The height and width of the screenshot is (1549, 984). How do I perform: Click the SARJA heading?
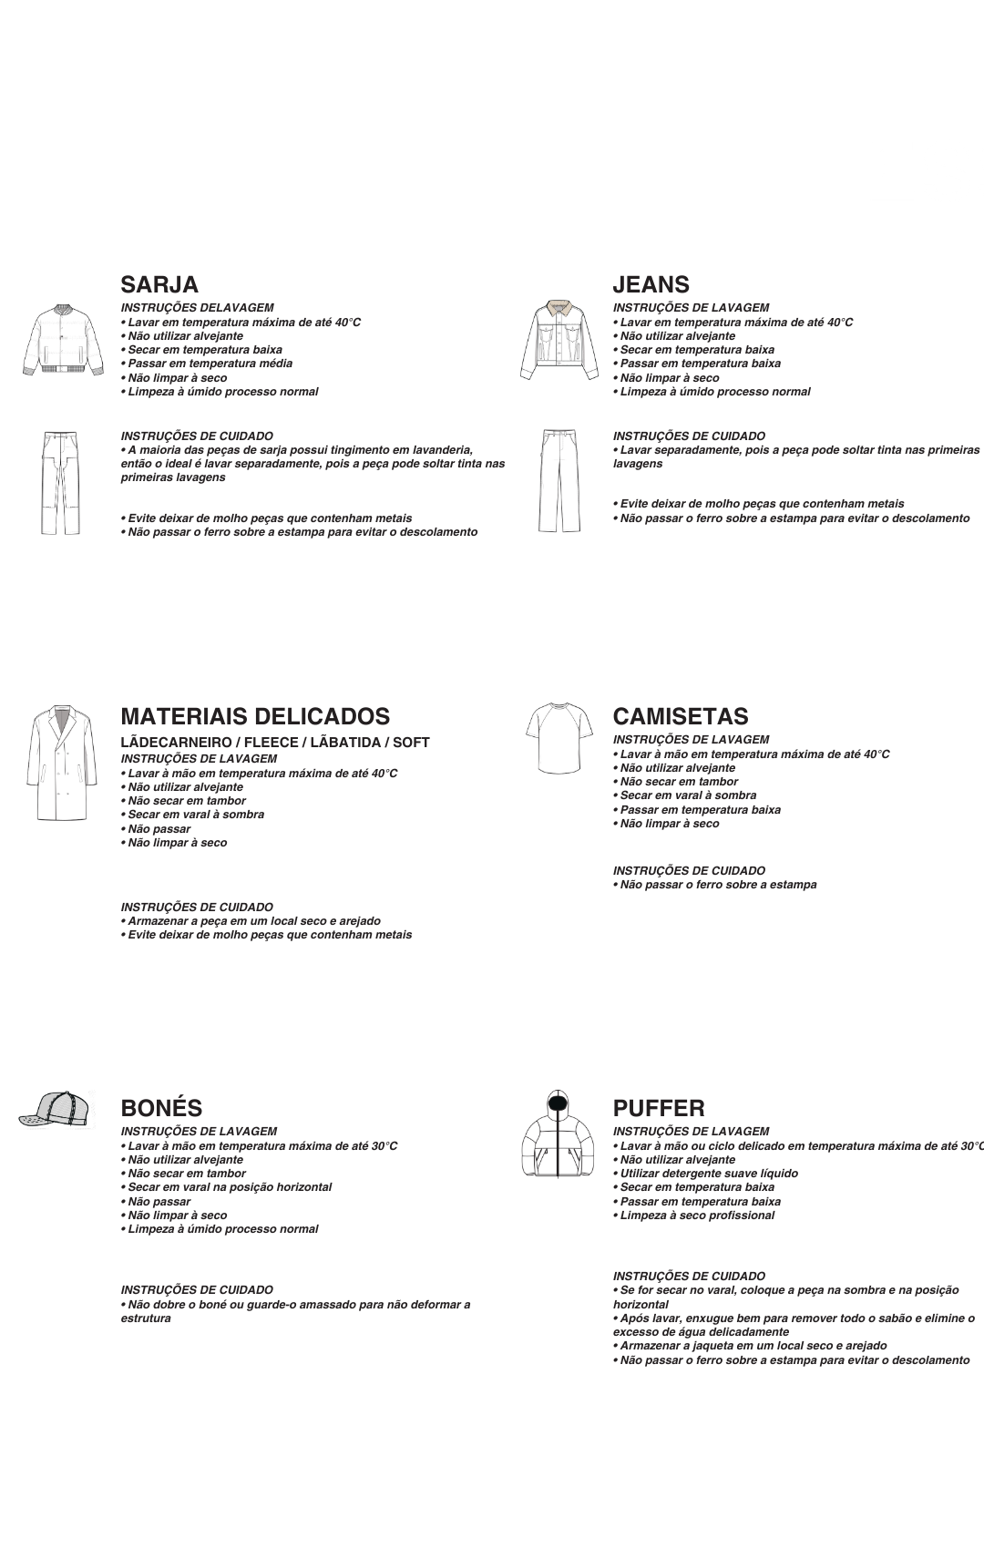pyautogui.click(x=159, y=284)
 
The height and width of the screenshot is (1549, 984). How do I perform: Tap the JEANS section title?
pyautogui.click(x=651, y=284)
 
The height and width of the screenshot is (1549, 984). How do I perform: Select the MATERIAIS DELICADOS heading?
pyautogui.click(x=255, y=716)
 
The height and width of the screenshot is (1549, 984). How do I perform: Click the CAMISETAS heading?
pyautogui.click(x=680, y=716)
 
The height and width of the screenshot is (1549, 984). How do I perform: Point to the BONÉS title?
pyautogui.click(x=161, y=1108)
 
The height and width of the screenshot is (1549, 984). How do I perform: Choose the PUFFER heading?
pyautogui.click(x=659, y=1108)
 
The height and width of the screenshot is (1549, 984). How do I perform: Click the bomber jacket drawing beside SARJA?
pyautogui.click(x=58, y=339)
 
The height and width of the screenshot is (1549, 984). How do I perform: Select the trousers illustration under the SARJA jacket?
pyautogui.click(x=59, y=483)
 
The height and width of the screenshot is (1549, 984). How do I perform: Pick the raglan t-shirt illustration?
pyautogui.click(x=554, y=736)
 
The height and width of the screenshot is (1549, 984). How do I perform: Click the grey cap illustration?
pyautogui.click(x=57, y=1109)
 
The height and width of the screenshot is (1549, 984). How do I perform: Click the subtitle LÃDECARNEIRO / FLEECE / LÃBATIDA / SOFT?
pyautogui.click(x=275, y=743)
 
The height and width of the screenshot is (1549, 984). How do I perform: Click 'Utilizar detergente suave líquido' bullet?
pyautogui.click(x=708, y=1174)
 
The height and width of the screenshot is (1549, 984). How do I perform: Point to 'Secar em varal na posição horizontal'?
pyautogui.click(x=229, y=1187)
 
